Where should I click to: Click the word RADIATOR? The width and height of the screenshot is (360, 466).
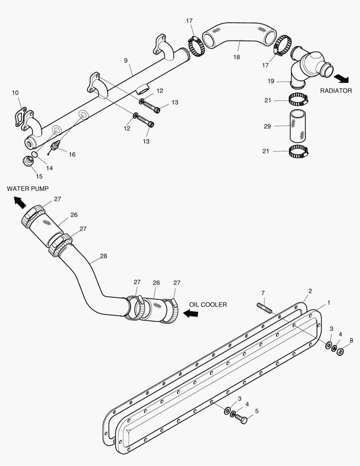point(335,91)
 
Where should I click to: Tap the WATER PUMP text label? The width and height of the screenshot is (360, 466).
point(28,189)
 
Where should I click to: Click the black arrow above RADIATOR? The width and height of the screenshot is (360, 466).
point(342,78)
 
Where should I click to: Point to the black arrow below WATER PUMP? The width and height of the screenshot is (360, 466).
point(19,202)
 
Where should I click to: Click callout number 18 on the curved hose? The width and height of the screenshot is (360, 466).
point(236,57)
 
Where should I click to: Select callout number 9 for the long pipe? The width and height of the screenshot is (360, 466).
point(126,60)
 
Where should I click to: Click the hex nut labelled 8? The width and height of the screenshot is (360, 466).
point(340,352)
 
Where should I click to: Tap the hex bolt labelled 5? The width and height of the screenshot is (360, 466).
point(241,419)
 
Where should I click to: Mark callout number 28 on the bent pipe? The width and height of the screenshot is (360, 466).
point(103,256)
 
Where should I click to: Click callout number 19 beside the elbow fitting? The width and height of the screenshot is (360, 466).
point(270,81)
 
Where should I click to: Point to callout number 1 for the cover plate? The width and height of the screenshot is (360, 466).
point(328,303)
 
